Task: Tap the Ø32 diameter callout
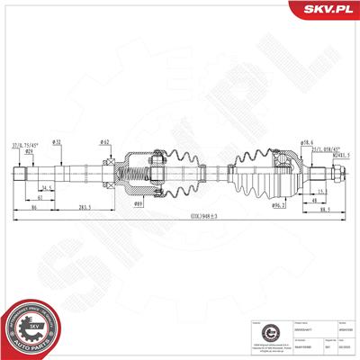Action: pyautogui.click(x=57, y=142)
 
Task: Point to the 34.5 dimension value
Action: pyautogui.click(x=44, y=187)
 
